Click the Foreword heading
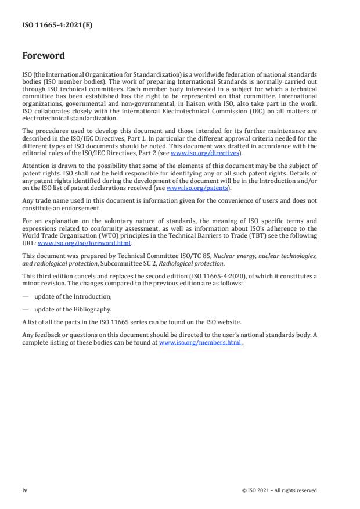(44, 56)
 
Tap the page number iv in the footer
(25, 490)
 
